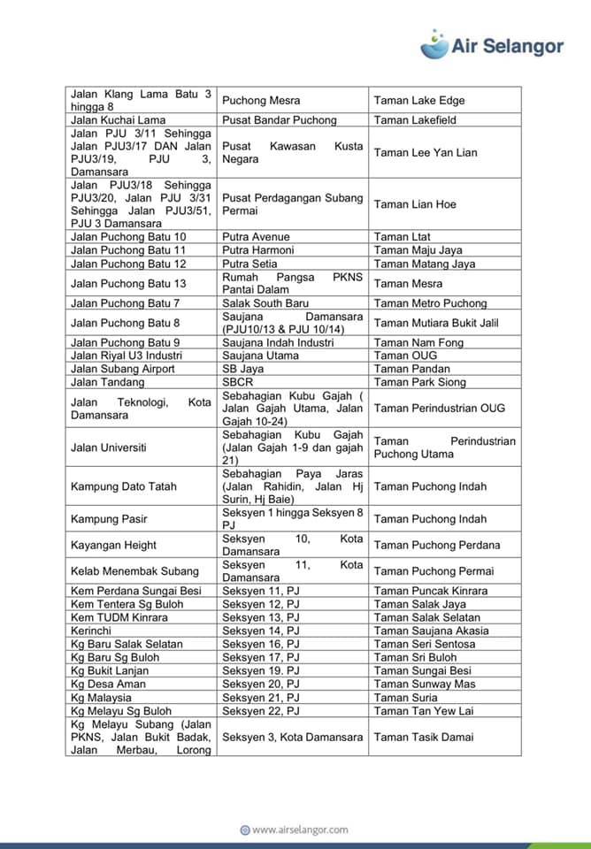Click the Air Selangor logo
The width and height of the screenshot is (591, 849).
(492, 43)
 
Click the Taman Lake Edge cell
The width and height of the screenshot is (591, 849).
(419, 101)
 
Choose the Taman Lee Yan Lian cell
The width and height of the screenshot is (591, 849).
(426, 153)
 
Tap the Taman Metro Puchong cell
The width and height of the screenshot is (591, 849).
(430, 303)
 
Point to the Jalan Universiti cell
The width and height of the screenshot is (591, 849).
(109, 447)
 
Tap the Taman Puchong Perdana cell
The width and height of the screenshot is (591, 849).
(437, 545)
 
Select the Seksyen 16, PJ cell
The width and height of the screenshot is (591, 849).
(261, 644)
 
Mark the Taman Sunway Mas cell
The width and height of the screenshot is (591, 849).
(425, 684)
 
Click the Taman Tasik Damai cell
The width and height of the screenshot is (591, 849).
(424, 737)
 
